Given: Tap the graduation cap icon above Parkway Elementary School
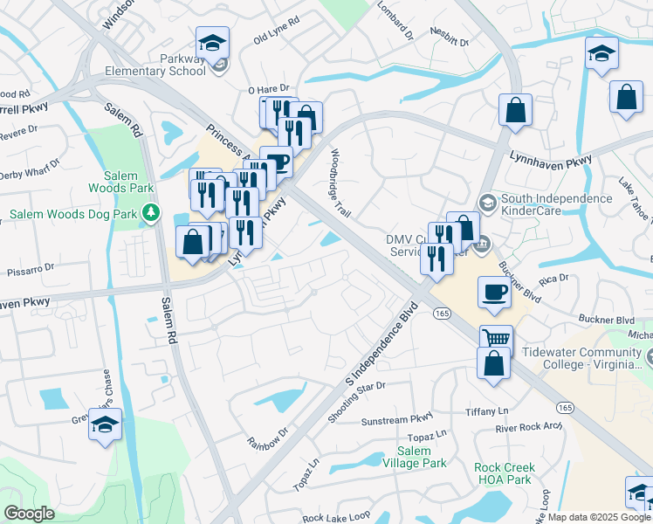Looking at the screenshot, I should click(211, 43).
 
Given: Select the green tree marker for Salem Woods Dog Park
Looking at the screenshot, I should click(152, 212).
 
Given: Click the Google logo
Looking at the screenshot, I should click(29, 513).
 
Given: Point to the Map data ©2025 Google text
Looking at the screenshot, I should click(599, 517).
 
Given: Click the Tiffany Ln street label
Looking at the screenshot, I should click(487, 411).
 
